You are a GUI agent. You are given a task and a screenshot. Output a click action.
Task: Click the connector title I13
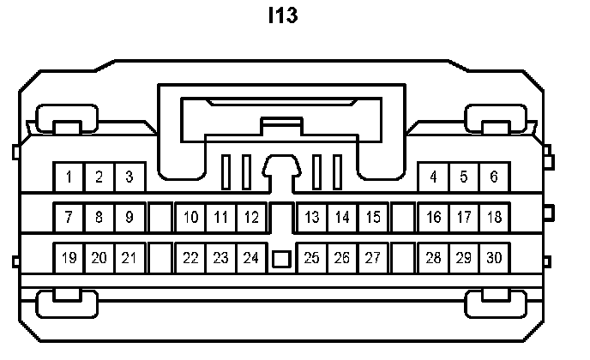283,16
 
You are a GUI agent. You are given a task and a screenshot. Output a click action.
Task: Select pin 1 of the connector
69,177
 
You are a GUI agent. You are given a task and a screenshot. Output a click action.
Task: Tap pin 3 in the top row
129,177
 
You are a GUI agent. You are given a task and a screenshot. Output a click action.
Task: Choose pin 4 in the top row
434,177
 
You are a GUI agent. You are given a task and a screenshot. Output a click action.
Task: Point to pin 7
69,218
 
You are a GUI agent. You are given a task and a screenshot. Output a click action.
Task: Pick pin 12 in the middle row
251,218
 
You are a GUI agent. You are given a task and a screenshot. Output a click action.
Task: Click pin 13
312,218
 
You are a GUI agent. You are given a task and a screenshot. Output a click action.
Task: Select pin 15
373,218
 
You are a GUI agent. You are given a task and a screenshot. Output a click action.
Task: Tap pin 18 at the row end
494,218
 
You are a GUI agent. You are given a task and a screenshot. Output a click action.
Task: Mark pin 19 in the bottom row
69,257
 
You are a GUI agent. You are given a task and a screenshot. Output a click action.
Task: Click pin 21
129,257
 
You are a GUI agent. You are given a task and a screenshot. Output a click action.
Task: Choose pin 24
251,257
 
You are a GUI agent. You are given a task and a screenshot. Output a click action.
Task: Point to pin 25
312,257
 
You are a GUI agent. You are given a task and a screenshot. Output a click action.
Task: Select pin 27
373,257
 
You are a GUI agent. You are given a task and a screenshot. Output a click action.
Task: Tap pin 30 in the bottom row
494,257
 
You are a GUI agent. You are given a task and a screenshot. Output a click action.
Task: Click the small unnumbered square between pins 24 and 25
281,258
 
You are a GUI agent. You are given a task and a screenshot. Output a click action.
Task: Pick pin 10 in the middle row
190,218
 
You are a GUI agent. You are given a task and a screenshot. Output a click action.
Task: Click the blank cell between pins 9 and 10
160,218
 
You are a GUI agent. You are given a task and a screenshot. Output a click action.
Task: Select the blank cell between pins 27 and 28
403,257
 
